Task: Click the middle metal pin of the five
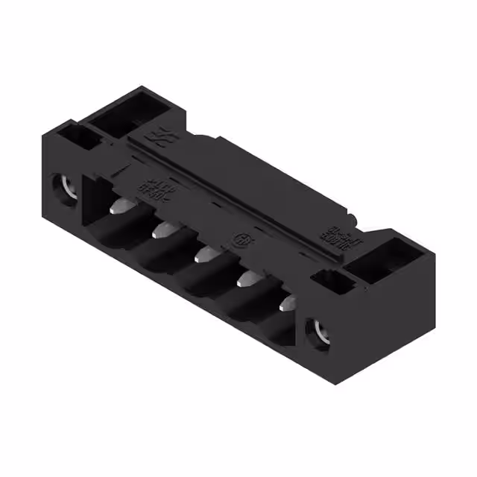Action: (x=202, y=256)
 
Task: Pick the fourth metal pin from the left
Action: (x=244, y=280)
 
